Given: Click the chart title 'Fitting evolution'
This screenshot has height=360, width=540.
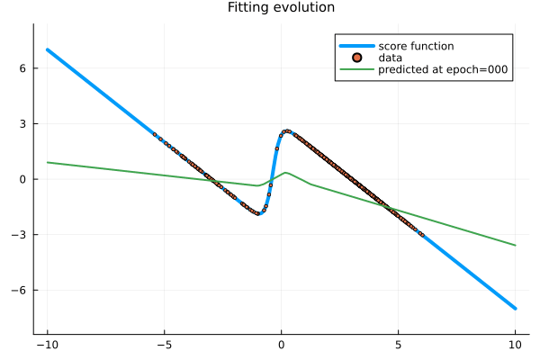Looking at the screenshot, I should point(281,8).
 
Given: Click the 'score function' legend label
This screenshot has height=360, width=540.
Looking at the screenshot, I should point(416,46).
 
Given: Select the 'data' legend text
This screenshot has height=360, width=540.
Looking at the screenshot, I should point(390,58).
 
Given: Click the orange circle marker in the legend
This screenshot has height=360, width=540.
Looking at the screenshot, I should point(357,58).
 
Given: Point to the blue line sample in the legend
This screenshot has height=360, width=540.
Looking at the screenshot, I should point(357,46).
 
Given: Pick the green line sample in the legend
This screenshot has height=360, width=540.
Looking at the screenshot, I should point(357,69).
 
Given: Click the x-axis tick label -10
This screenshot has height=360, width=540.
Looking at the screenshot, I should point(47,344).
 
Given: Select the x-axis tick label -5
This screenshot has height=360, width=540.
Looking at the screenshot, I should point(164,344).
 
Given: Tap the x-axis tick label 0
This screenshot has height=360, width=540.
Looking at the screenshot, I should point(281,344).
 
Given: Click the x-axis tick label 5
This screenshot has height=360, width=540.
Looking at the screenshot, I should point(398,344).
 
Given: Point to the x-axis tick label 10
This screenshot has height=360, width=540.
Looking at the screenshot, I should point(515,344).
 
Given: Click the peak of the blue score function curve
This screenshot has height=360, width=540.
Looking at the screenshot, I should point(287,130).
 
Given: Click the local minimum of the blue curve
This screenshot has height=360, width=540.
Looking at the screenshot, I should point(258,213).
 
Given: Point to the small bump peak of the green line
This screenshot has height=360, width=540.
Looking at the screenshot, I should point(285,173).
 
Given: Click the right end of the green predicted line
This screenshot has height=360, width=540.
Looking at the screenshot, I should point(515,245).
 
